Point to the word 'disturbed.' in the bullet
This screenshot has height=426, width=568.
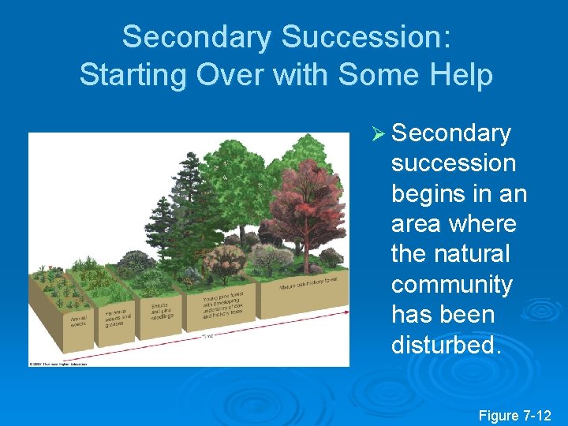446,344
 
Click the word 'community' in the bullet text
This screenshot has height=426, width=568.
452,284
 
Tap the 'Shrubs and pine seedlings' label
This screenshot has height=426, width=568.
161,309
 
